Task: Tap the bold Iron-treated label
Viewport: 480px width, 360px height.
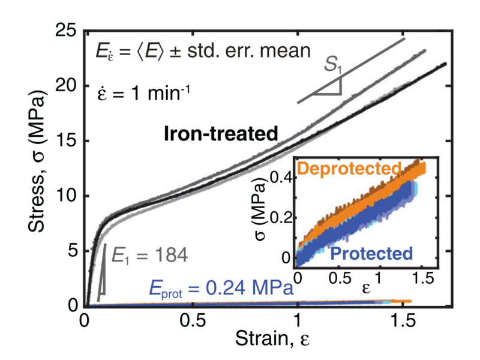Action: tap(220, 134)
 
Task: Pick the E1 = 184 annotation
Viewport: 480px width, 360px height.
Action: tap(148, 256)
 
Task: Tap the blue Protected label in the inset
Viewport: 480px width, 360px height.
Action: tap(371, 253)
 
